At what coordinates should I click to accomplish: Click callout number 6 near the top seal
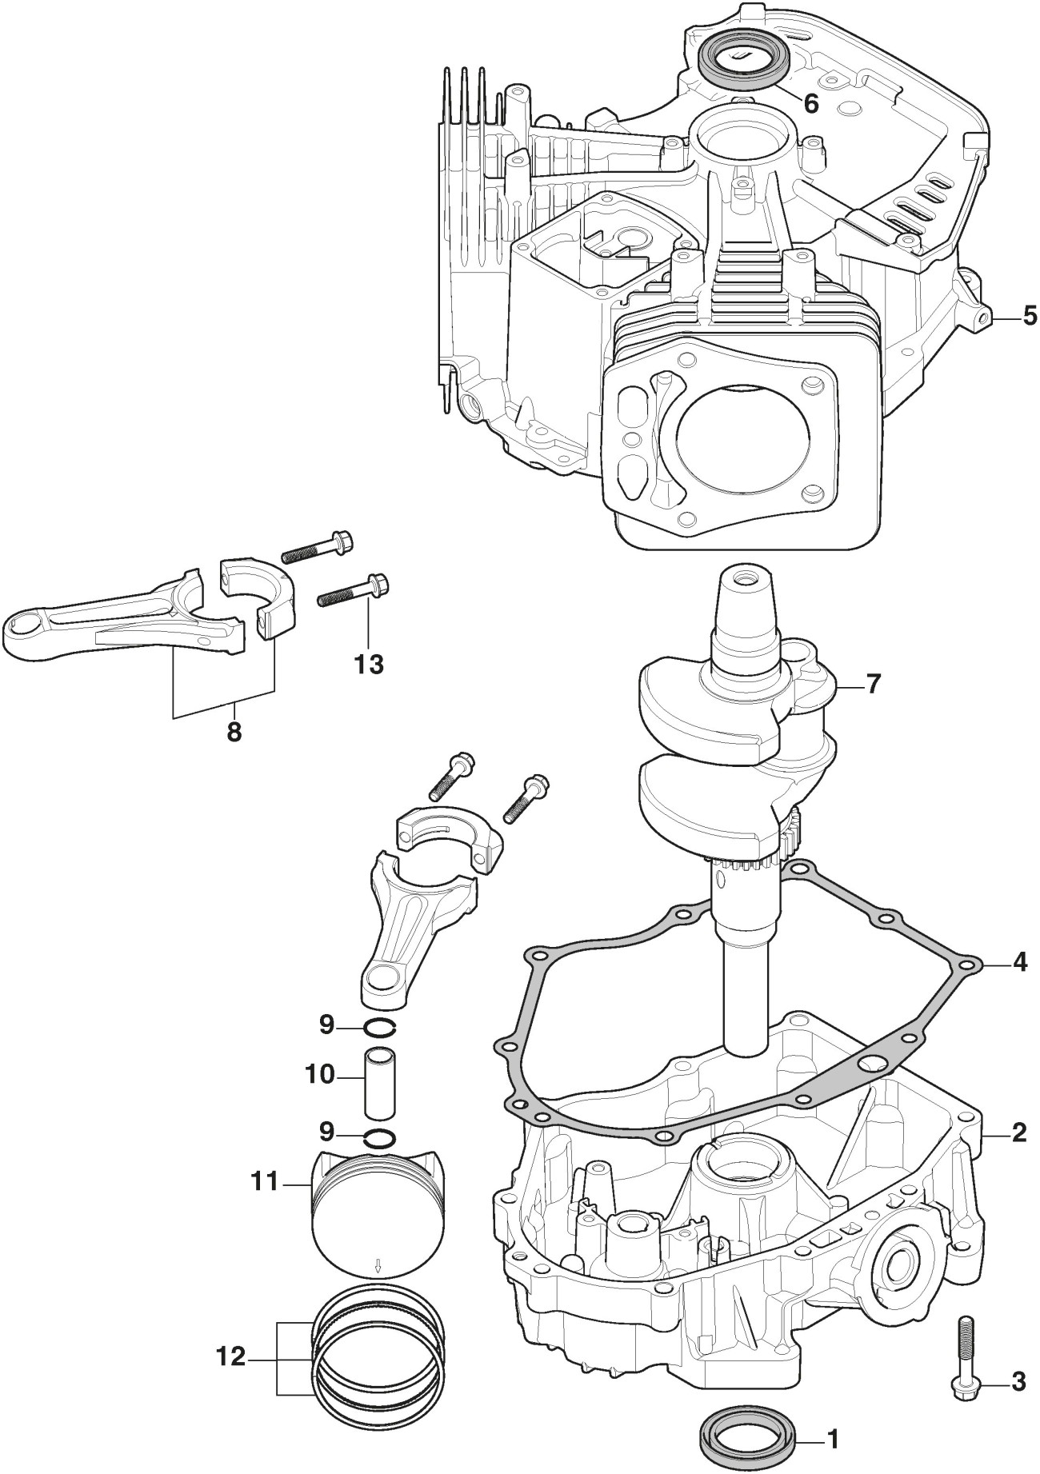pyautogui.click(x=810, y=103)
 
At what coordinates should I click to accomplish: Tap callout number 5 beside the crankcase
pyautogui.click(x=1029, y=315)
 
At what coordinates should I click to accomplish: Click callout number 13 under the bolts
pyautogui.click(x=369, y=663)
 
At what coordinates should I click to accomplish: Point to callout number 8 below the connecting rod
pyautogui.click(x=234, y=732)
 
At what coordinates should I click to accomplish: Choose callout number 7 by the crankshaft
pyautogui.click(x=873, y=685)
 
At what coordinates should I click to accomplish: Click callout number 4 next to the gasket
pyautogui.click(x=1019, y=962)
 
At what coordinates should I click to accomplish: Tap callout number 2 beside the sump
pyautogui.click(x=1019, y=1132)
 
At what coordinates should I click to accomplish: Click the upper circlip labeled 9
pyautogui.click(x=378, y=1027)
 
